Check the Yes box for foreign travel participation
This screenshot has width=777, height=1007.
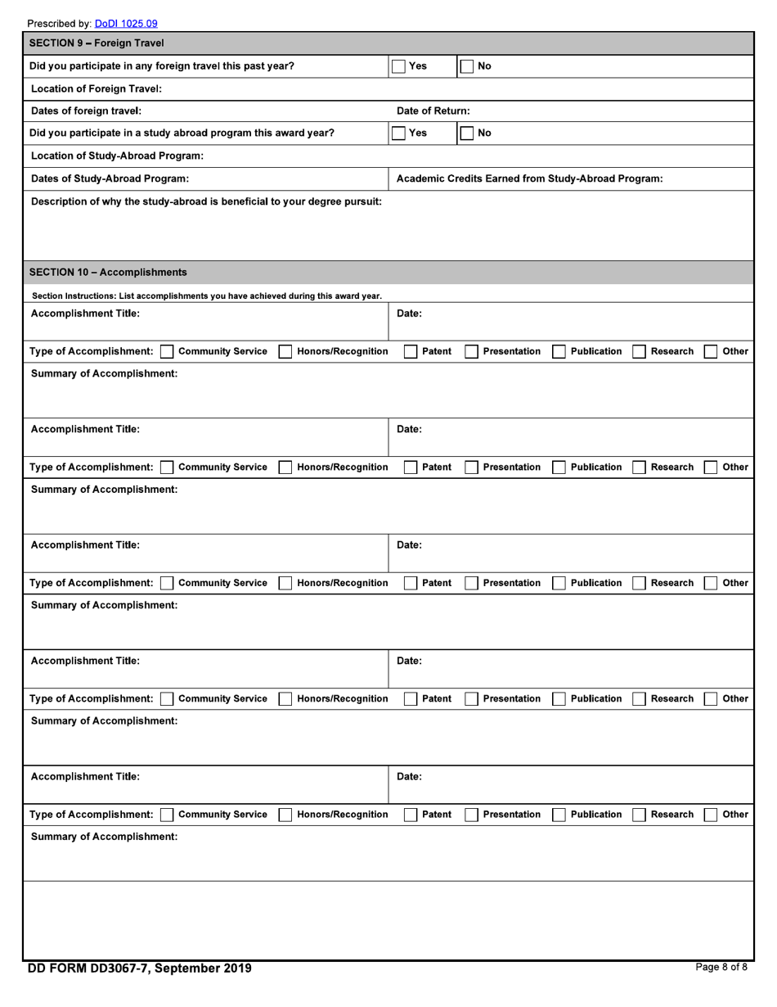pos(398,66)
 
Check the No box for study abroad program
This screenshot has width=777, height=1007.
pos(465,133)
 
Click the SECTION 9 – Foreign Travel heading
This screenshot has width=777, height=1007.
pos(97,43)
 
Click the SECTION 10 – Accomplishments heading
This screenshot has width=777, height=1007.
pos(108,273)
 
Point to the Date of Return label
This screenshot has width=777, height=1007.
pos(433,111)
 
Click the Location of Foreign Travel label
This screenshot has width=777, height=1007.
pos(96,88)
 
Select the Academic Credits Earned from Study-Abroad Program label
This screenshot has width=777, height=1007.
pos(529,178)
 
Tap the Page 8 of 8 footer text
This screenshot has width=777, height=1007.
pos(721,967)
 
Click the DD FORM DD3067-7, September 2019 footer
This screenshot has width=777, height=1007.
pos(140,969)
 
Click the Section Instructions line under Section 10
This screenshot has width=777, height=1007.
pos(206,296)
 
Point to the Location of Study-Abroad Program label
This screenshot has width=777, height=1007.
pos(117,156)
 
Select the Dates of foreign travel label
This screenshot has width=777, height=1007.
pos(86,111)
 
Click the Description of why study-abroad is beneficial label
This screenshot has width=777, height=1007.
pos(206,201)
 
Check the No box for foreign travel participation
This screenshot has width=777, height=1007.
pos(465,66)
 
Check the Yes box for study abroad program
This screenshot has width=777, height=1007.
pos(398,133)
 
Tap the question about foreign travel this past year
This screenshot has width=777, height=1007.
pos(162,66)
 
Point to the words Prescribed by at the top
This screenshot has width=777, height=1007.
pos(59,24)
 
